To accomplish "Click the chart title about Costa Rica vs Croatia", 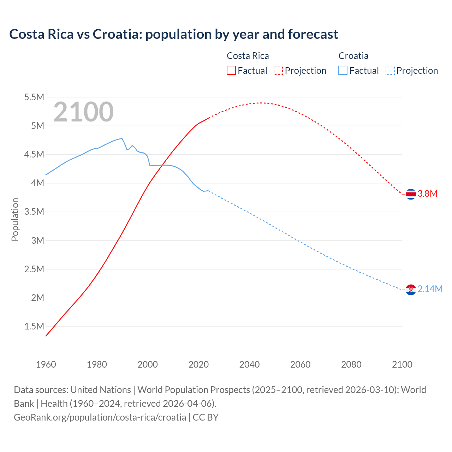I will tap(173, 34).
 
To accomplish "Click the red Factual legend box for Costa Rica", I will tap(231, 70).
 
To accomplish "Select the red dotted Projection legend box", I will tap(278, 70).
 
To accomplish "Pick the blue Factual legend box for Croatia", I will tap(343, 70).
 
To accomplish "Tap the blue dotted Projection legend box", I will tap(390, 70).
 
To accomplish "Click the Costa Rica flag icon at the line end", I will tap(411, 194).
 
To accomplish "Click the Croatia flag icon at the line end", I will tap(411, 290).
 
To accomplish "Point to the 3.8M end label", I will tap(428, 194).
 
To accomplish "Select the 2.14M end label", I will tap(430, 289).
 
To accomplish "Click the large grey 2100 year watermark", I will tap(83, 112).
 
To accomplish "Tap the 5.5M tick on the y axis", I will tap(34, 97).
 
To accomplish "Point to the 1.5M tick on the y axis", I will tap(34, 326).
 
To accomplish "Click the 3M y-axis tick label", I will tap(37, 240).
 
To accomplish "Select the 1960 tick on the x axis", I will tap(46, 364).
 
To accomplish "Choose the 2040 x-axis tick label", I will tap(249, 364).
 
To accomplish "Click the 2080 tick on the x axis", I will tap(351, 364).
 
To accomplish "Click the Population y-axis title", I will tap(15, 219).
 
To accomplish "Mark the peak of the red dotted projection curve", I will tap(261, 103).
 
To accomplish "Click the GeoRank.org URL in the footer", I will tap(100, 417).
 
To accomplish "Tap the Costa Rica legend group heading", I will tap(248, 56).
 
